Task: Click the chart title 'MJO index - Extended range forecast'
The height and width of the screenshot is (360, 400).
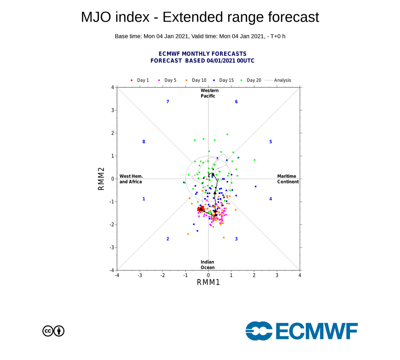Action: click(x=200, y=17)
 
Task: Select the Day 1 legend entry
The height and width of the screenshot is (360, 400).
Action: click(x=140, y=80)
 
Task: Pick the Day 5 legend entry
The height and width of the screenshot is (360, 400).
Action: click(x=167, y=80)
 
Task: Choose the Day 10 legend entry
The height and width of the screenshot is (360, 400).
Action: click(x=196, y=80)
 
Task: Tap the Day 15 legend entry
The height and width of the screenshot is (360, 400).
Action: click(x=224, y=80)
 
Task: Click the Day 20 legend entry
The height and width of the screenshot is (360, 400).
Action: click(x=251, y=80)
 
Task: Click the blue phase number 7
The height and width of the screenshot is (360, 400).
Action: click(x=167, y=102)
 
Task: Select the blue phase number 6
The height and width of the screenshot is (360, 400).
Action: click(x=236, y=102)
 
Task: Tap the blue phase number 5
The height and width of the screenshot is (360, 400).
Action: click(x=270, y=142)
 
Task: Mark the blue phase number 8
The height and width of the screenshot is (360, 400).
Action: click(x=144, y=142)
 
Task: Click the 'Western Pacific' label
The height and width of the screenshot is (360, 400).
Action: click(x=208, y=93)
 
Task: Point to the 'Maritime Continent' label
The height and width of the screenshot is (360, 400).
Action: click(x=288, y=179)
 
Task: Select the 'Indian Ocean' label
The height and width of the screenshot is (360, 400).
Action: click(x=207, y=265)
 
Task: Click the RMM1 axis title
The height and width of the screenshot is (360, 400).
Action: click(x=208, y=282)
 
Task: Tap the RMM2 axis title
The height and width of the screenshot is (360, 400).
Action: click(x=102, y=179)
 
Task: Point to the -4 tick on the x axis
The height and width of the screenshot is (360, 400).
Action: click(x=117, y=274)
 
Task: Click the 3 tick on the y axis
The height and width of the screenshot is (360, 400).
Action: click(x=112, y=110)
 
